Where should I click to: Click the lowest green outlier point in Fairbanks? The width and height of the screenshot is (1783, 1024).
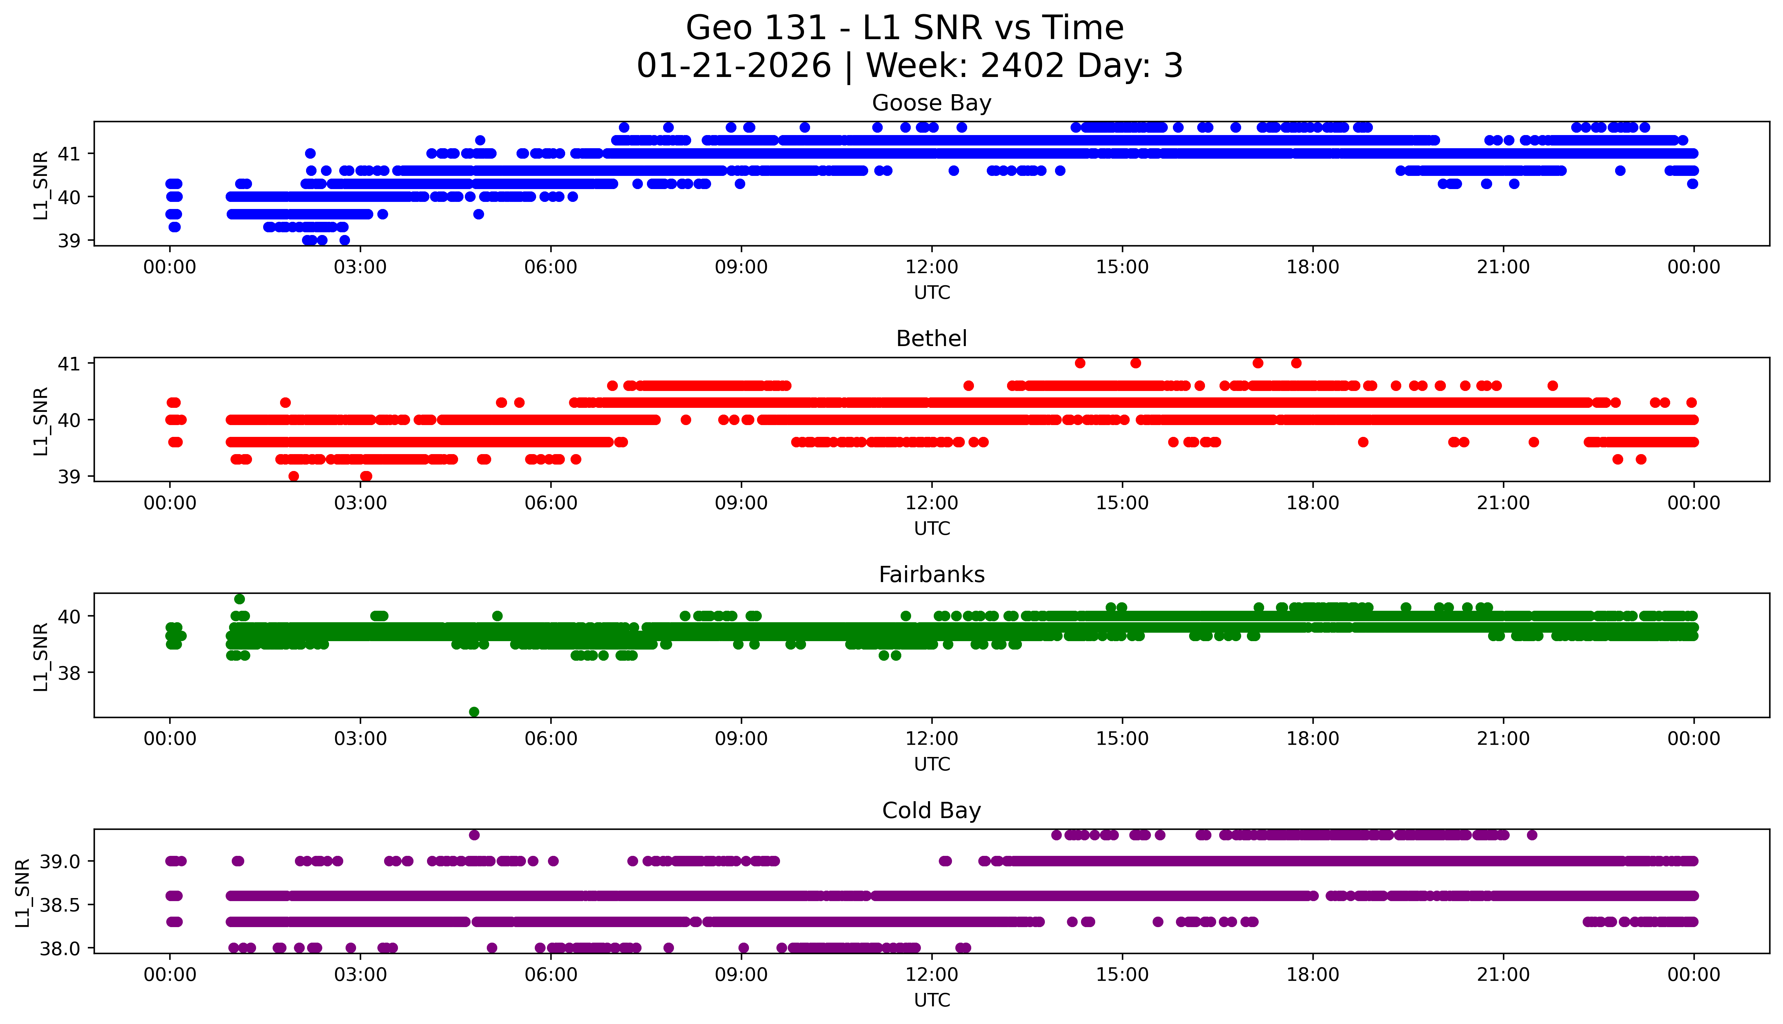click(x=474, y=712)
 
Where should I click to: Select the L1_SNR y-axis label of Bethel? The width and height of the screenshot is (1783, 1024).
click(x=41, y=421)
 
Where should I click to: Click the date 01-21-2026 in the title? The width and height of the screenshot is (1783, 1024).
click(x=734, y=66)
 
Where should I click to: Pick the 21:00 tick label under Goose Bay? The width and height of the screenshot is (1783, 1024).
click(x=1504, y=267)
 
